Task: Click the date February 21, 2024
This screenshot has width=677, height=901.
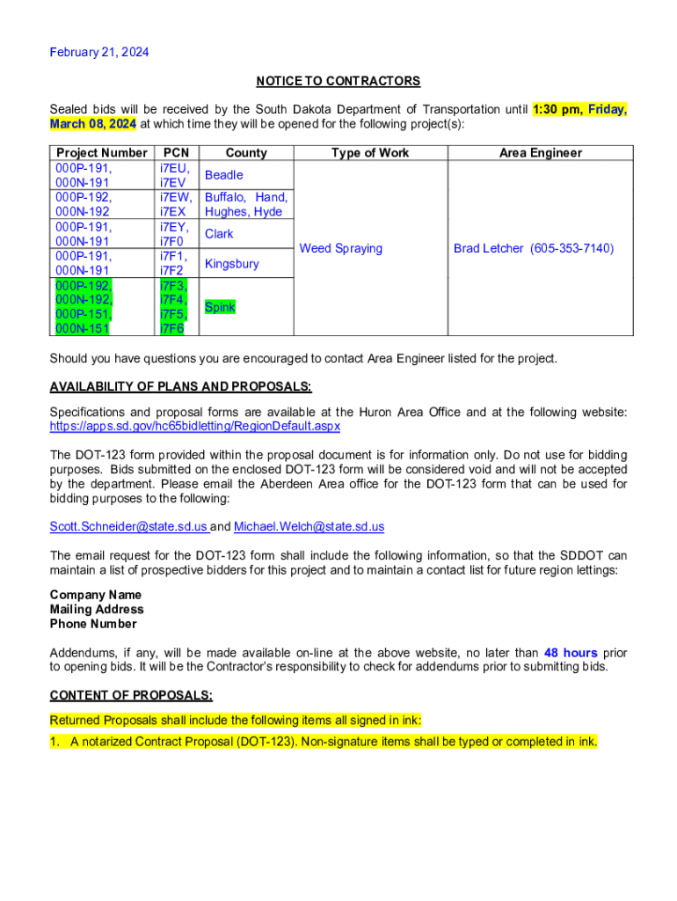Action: [x=99, y=52]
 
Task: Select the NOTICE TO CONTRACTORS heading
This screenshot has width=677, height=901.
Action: [x=338, y=81]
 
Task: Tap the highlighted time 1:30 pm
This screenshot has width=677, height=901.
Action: [x=557, y=109]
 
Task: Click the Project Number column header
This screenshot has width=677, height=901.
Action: [x=101, y=152]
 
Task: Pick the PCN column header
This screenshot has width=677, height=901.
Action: [x=177, y=152]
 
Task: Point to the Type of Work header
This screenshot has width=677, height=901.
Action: [x=370, y=152]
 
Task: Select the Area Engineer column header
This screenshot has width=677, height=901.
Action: [x=540, y=152]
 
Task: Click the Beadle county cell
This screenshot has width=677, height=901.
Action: [x=223, y=175]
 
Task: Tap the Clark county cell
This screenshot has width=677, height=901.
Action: [x=219, y=234]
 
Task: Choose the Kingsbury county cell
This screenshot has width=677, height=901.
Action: [x=231, y=263]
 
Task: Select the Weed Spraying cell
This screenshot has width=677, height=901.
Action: [x=341, y=248]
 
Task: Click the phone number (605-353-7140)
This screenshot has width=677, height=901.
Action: [x=571, y=248]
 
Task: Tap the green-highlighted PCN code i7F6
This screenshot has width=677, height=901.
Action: [x=171, y=328]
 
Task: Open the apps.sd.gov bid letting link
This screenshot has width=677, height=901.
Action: [x=195, y=426]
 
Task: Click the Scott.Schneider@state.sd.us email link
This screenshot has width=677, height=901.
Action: [x=128, y=526]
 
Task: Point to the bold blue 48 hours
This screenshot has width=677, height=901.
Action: [x=571, y=653]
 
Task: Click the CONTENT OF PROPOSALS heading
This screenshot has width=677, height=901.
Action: [x=131, y=695]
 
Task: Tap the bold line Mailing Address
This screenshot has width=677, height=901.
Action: [x=97, y=609]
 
